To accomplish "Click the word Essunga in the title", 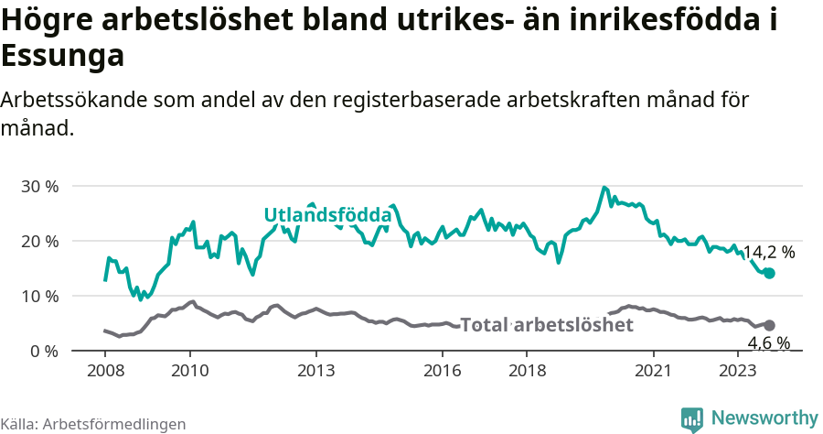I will (62, 57).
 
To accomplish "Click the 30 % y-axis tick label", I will (39, 187).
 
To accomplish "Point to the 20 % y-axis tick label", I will (39, 242).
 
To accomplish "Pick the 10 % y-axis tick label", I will (39, 297).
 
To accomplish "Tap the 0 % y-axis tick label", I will (44, 352).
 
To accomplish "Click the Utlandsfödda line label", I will (327, 215).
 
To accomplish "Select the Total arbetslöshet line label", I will (546, 325).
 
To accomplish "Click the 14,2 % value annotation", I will (768, 252).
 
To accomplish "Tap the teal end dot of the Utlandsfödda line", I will (769, 273).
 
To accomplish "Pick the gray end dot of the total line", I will (769, 325).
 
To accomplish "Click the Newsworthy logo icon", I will (692, 418).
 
